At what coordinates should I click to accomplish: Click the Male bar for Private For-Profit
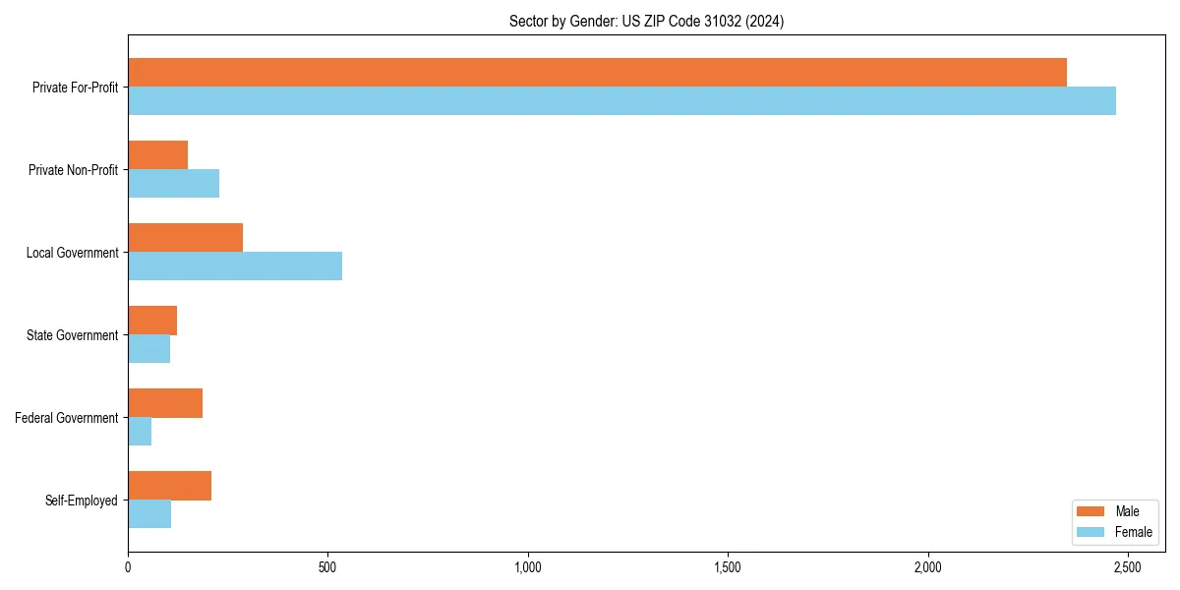(x=597, y=73)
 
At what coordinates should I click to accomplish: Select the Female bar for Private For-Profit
(x=621, y=101)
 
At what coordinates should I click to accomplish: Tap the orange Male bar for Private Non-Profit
(x=157, y=155)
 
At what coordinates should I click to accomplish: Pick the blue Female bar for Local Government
(x=235, y=266)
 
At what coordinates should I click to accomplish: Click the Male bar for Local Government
(x=185, y=238)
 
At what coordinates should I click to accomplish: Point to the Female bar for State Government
(x=148, y=349)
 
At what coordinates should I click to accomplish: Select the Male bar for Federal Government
(x=165, y=403)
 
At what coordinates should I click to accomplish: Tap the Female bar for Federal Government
(x=140, y=432)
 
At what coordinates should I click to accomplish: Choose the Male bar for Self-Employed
(x=169, y=486)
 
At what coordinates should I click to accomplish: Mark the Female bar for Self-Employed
(x=149, y=514)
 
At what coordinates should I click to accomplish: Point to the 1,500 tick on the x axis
(x=728, y=567)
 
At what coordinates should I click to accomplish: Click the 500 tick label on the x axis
(x=327, y=567)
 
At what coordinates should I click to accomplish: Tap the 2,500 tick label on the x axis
(x=1127, y=567)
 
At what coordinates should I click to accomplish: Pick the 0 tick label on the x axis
(x=128, y=567)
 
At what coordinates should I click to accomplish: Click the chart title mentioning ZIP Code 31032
(x=646, y=21)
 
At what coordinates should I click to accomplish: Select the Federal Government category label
(x=67, y=418)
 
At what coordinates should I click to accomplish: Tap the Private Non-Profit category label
(x=73, y=170)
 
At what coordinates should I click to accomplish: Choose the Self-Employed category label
(x=82, y=501)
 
